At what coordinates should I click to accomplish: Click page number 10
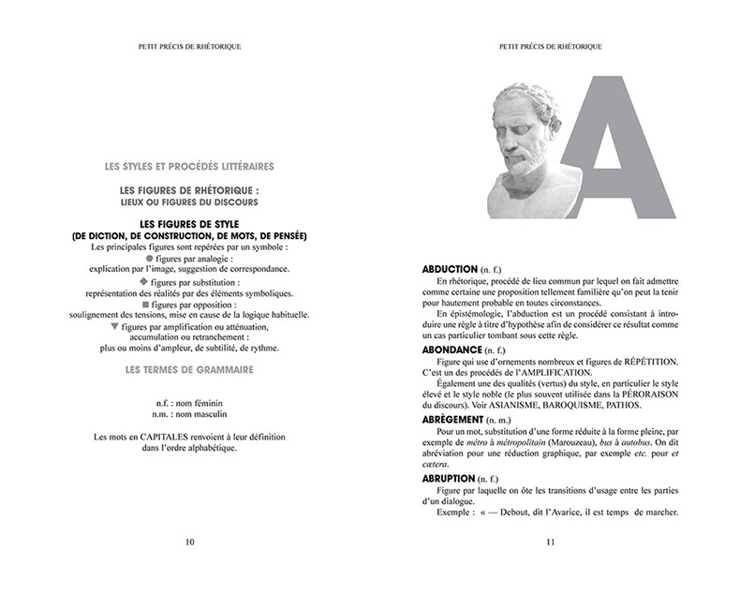coord(190,541)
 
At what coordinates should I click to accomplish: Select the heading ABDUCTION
coord(452,268)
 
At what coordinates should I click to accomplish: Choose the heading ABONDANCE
coord(455,349)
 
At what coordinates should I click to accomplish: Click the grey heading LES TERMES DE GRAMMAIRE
coord(190,369)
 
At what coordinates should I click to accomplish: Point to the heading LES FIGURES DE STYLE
coord(190,223)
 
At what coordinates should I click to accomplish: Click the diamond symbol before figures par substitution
coord(143,280)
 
